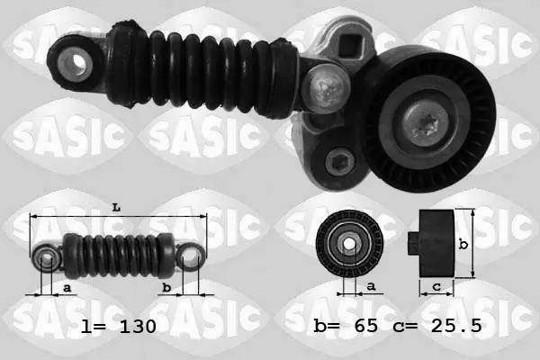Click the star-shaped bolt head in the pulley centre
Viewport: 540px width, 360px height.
(x=426, y=125)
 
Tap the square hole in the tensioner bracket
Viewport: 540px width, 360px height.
(x=351, y=46)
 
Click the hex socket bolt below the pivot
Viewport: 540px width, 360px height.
(x=340, y=161)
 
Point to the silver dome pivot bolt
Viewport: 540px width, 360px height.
(x=326, y=89)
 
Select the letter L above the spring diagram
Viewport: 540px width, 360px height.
(x=116, y=208)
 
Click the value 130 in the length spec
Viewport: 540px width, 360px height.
(x=138, y=326)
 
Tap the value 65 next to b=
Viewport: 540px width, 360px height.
(x=366, y=326)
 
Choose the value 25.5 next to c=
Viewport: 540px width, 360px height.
(x=456, y=326)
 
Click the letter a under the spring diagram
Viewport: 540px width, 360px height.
(x=67, y=287)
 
